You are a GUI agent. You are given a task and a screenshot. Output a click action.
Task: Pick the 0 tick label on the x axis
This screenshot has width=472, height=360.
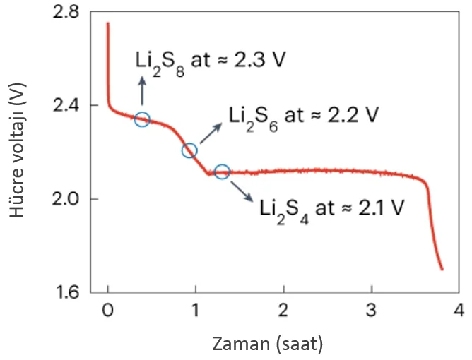pos(107,311)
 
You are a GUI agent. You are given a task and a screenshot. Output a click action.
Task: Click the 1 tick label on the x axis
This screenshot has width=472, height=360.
pos(195,311)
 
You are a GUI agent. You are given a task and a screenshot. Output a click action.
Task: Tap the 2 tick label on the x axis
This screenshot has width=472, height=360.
pos(283,311)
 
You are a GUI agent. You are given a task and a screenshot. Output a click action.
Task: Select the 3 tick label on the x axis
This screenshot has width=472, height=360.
pos(371,311)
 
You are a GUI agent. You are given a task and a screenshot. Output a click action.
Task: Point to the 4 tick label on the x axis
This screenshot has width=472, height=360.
pos(459,311)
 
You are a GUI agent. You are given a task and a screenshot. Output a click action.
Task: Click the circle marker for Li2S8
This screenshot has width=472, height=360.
pos(142,119)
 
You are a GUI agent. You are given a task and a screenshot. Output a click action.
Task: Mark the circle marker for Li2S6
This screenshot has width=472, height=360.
pos(189,150)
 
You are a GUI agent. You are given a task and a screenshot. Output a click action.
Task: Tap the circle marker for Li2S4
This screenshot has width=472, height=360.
pos(221,171)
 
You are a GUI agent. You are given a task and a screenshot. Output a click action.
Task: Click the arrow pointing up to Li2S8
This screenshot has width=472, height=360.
pos(142,92)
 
